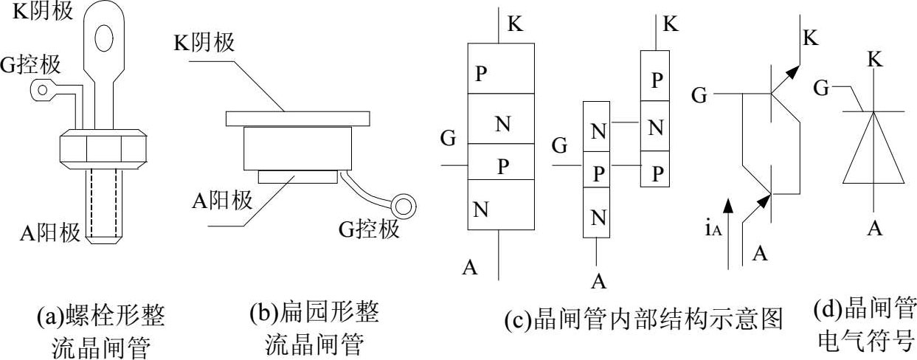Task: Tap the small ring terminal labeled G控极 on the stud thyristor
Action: [x=42, y=91]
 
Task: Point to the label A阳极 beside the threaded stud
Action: [x=50, y=234]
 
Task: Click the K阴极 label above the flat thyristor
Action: [x=204, y=42]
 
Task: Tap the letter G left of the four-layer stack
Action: [x=447, y=138]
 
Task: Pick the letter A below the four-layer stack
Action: [x=470, y=268]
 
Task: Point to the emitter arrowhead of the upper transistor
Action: [x=792, y=72]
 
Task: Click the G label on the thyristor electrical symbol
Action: [x=820, y=89]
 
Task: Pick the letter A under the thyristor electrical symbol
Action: [x=875, y=229]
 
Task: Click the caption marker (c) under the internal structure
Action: [x=514, y=321]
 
